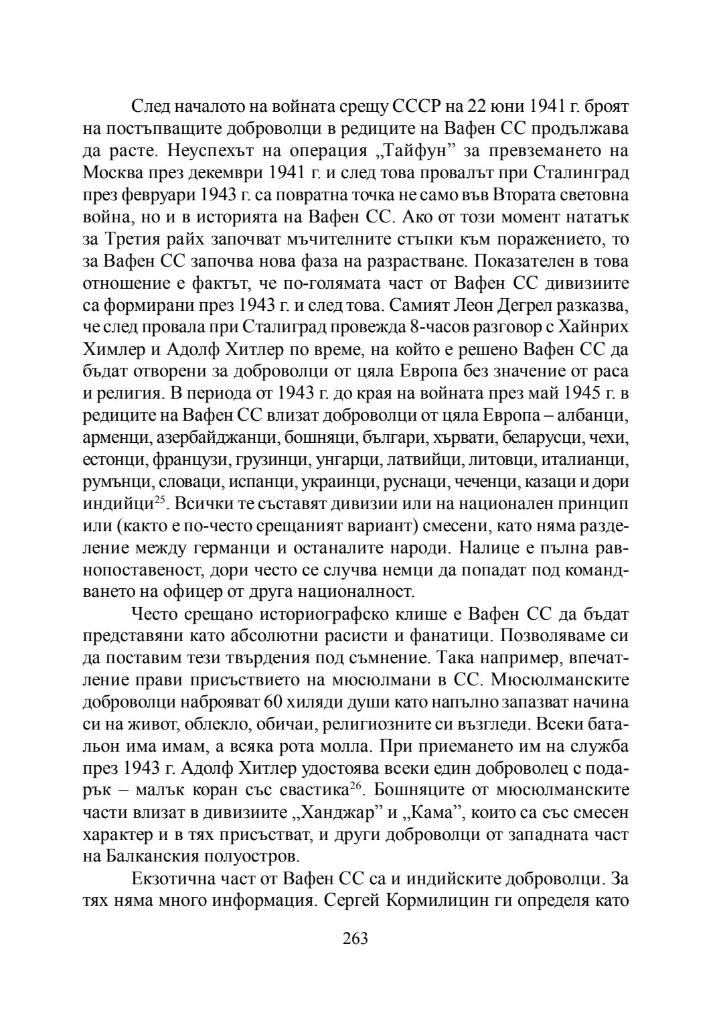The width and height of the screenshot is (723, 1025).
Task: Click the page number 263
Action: tap(355, 938)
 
